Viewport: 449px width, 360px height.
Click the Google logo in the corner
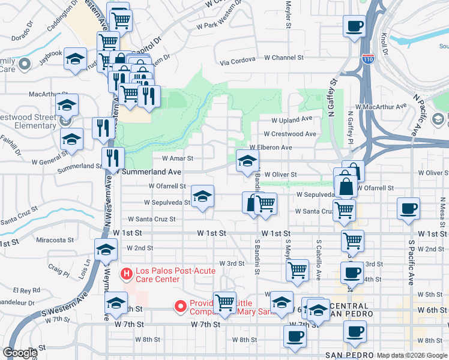click(x=20, y=353)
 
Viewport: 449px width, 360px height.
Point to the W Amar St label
click(x=178, y=159)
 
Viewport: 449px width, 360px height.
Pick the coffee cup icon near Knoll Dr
click(x=354, y=27)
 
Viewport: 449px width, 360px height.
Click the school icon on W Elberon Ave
click(x=247, y=160)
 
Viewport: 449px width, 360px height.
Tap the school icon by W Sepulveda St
click(x=202, y=196)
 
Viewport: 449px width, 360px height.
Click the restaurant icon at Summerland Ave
click(x=113, y=158)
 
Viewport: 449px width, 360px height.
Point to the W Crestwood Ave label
click(x=290, y=134)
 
